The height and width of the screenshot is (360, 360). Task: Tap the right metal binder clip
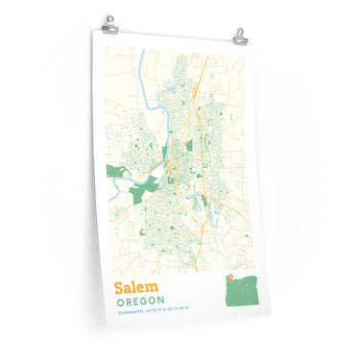pos(239,36)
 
